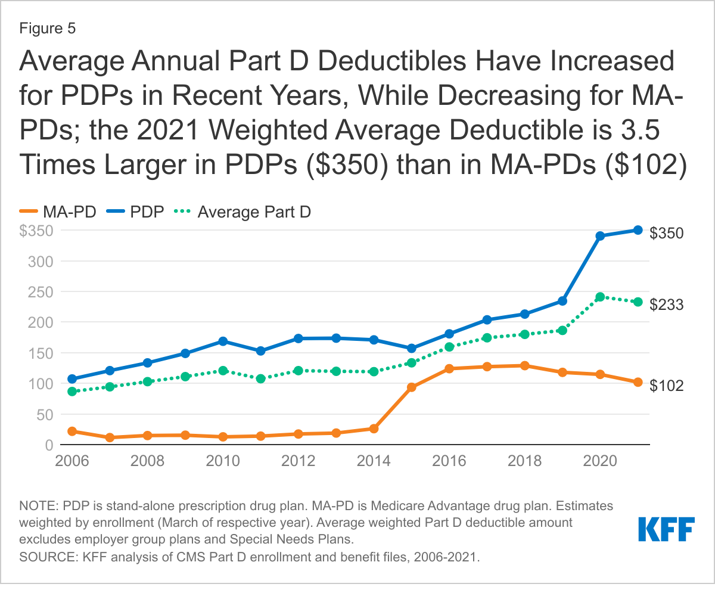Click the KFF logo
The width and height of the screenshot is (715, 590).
(x=666, y=529)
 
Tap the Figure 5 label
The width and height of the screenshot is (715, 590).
(x=47, y=29)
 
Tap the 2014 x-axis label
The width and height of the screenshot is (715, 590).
(x=374, y=461)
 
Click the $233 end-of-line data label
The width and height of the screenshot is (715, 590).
(x=666, y=305)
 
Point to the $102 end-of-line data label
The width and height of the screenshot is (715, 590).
(x=666, y=385)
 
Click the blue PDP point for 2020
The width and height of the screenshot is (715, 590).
(x=600, y=236)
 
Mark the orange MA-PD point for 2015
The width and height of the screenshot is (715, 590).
(x=412, y=387)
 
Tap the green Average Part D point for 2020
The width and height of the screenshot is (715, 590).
(x=600, y=297)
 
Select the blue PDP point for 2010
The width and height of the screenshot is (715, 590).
(x=223, y=341)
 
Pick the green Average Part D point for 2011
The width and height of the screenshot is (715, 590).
(x=260, y=378)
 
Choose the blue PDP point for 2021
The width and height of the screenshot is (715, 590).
(x=638, y=230)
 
